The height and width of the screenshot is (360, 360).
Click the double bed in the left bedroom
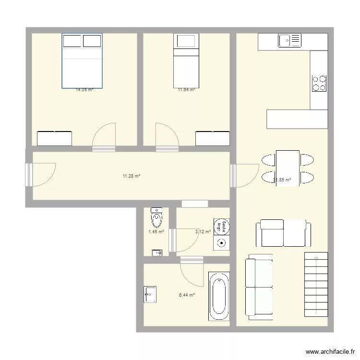[x=82, y=60]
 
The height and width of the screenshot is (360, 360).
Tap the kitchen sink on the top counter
[x=289, y=41]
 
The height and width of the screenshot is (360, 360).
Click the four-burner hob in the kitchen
[x=319, y=84]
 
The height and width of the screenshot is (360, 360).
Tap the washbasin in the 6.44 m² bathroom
[x=149, y=294]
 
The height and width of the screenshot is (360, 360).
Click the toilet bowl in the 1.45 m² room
[x=156, y=218]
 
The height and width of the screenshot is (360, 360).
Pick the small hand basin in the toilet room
[x=157, y=252]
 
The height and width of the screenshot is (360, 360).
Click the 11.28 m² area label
[x=131, y=176]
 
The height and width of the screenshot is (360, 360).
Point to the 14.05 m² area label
[x=84, y=89]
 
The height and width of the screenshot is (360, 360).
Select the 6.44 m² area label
[x=187, y=295]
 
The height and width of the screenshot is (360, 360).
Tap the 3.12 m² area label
[x=203, y=232]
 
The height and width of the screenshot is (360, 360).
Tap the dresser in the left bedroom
[x=54, y=138]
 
